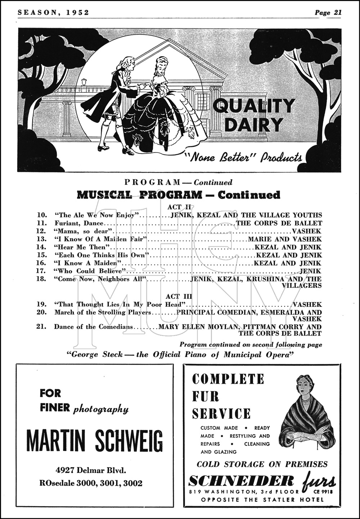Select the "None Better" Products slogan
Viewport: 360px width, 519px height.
coord(243,157)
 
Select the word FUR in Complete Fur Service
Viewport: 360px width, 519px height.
coord(206,396)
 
